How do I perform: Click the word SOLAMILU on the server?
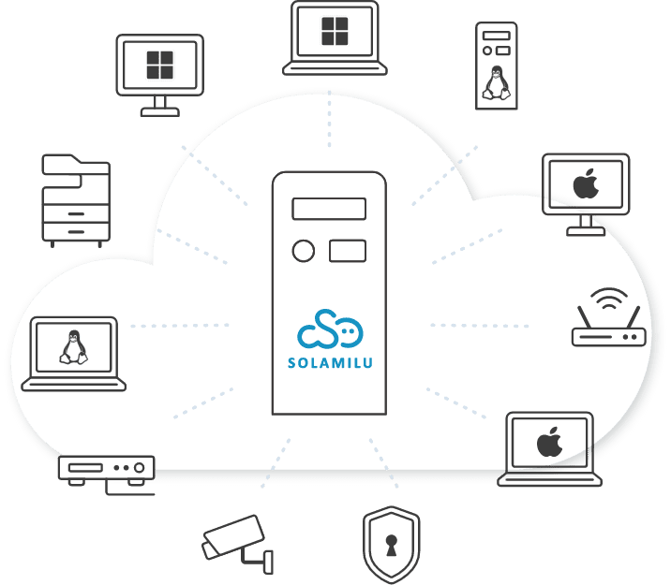(328, 361)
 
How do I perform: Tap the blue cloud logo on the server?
(329, 329)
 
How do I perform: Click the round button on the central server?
(304, 251)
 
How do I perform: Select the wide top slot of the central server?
(328, 208)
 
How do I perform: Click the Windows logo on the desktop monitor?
(160, 66)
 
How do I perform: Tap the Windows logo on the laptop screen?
(335, 31)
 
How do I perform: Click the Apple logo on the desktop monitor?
(586, 183)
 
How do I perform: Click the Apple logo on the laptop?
(549, 442)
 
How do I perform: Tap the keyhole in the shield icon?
(391, 547)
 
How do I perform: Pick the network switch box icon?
(106, 467)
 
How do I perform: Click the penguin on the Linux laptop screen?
(73, 346)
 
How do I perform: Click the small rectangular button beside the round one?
(347, 251)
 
